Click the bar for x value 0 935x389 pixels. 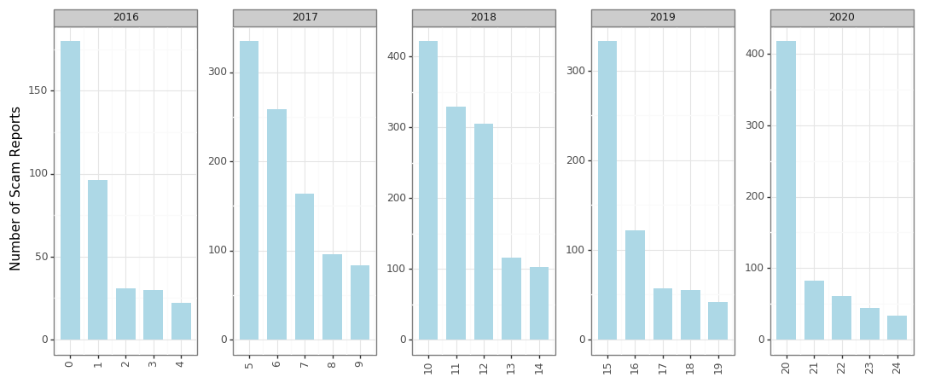click(x=70, y=190)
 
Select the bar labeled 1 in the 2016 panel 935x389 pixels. click(x=97, y=259)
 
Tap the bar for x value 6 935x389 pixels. click(x=276, y=224)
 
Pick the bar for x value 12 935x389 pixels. click(x=483, y=231)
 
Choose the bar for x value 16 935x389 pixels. click(x=635, y=285)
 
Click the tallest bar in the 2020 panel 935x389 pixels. click(x=786, y=190)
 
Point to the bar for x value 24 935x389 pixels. click(x=897, y=328)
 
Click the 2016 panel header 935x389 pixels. click(x=125, y=18)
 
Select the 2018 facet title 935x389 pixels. click(x=484, y=18)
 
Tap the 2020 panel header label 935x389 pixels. click(x=841, y=18)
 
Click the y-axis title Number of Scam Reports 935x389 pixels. click(x=16, y=189)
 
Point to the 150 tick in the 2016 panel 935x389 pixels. click(x=38, y=90)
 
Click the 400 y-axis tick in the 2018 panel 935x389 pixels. click(x=397, y=56)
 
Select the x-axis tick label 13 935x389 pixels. click(x=511, y=367)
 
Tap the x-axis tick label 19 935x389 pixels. click(x=717, y=367)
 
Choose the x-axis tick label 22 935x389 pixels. click(x=841, y=367)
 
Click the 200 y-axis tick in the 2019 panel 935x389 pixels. click(x=576, y=160)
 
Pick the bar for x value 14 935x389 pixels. click(x=539, y=303)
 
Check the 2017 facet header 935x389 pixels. click(x=305, y=18)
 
